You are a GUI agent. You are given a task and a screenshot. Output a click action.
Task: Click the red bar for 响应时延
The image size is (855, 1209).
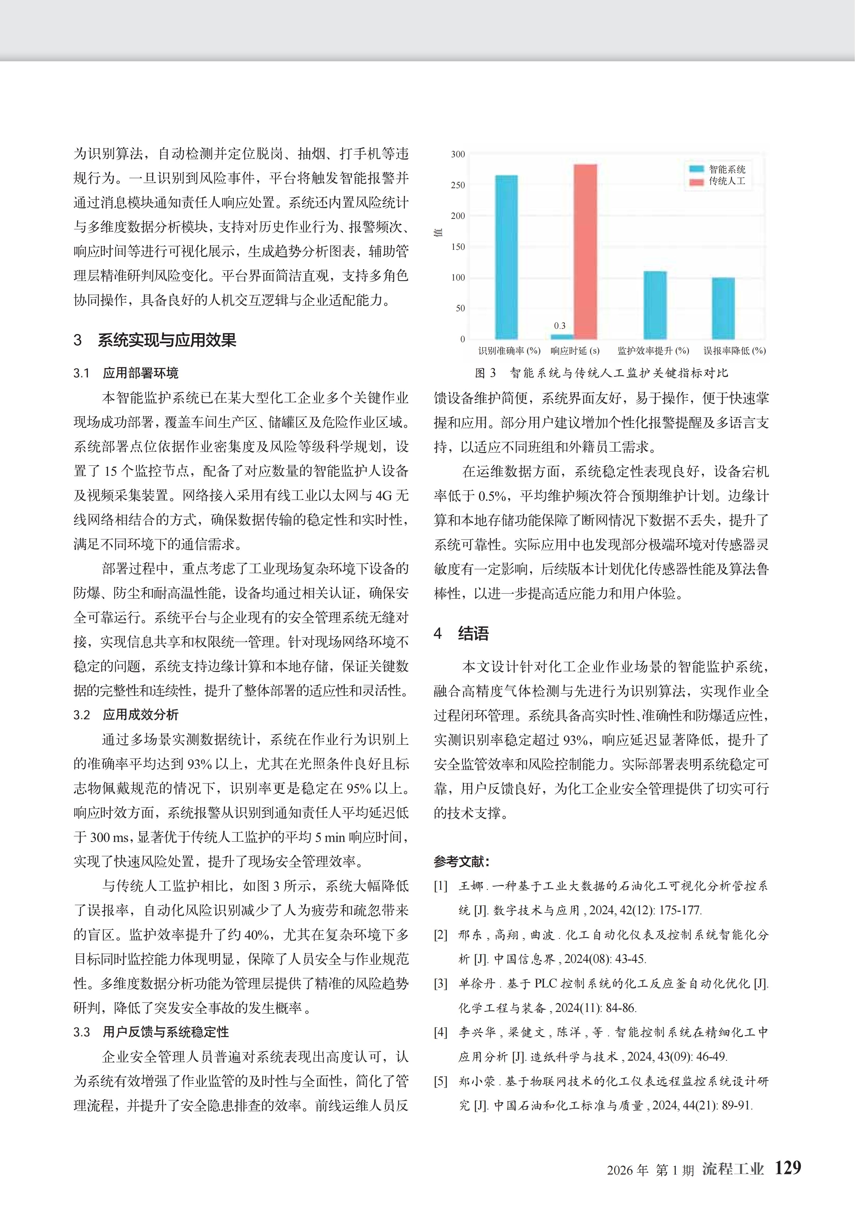(x=585, y=252)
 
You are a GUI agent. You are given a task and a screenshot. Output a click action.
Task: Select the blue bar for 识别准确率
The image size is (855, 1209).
(x=506, y=257)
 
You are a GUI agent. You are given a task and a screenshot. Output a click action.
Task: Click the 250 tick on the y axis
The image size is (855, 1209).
(x=458, y=185)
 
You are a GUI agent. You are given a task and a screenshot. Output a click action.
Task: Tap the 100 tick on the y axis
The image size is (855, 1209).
(x=458, y=278)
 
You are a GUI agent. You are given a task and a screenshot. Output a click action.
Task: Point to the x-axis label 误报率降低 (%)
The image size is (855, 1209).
(x=734, y=351)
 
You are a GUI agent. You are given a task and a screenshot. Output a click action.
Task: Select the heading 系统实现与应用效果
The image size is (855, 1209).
(x=166, y=340)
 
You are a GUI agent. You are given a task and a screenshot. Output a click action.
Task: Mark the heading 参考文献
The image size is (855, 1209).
(x=462, y=861)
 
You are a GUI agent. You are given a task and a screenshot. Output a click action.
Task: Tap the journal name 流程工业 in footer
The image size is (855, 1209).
(x=733, y=1169)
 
